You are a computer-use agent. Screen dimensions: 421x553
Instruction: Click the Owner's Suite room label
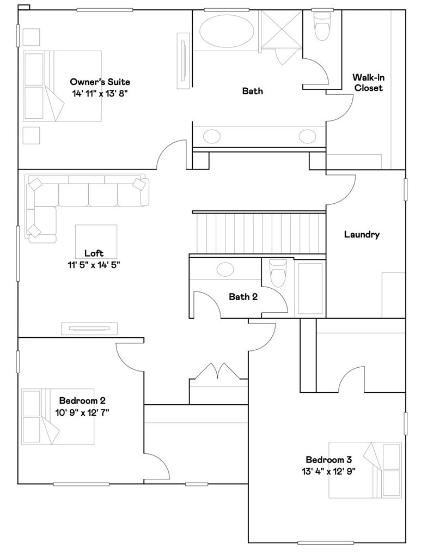pos(100,82)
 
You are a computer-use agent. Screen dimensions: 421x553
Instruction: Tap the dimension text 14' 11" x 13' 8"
pos(100,94)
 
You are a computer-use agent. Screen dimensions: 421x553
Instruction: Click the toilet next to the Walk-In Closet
pos(322,27)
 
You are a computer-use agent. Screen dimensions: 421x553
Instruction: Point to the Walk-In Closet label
pos(369,82)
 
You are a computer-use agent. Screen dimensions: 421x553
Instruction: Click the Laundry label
pos(362,234)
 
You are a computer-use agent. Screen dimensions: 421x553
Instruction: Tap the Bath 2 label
pos(243,296)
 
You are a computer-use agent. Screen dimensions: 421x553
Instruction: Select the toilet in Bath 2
pos(278,274)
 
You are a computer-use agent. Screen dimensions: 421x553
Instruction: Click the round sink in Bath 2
pos(225,270)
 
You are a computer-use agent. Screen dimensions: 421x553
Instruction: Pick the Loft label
pos(94,253)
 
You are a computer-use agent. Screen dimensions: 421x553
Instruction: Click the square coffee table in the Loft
pos(96,241)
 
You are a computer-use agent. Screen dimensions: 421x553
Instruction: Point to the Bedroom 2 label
pos(82,400)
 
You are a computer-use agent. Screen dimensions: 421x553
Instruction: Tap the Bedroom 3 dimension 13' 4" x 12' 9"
pos(328,471)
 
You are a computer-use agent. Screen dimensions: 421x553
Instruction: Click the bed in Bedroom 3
pos(365,470)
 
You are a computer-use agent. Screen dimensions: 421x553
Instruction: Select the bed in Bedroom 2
pos(58,416)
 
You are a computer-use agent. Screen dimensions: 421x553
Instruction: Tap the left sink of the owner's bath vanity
pos(212,136)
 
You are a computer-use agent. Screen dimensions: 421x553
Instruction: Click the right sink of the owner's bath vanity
pos(308,136)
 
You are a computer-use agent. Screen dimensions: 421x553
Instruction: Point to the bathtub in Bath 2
pos(310,288)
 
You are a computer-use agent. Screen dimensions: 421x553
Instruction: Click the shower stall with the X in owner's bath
pos(280,29)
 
